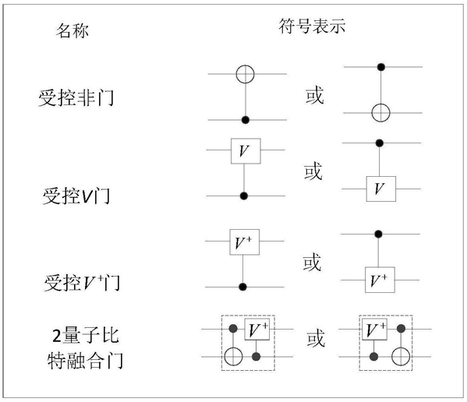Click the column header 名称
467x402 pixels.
tap(73, 30)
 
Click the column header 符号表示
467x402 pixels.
tap(312, 26)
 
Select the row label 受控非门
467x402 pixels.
tap(76, 97)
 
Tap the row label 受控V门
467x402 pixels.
tap(76, 196)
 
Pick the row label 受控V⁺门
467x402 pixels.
tap(82, 282)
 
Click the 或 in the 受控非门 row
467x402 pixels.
tap(315, 95)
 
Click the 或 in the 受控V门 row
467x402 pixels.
tap(313, 171)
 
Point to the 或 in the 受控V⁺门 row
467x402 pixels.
tap(312, 262)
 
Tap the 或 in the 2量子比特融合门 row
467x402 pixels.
tap(316, 338)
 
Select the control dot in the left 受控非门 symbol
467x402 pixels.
tap(246, 120)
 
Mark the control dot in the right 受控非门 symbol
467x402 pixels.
tap(381, 67)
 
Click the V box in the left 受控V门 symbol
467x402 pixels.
tap(246, 151)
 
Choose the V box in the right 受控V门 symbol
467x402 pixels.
tap(381, 189)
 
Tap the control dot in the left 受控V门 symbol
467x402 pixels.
tap(244, 196)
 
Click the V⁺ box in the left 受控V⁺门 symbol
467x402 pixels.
tap(245, 242)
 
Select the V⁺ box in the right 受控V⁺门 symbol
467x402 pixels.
tap(380, 280)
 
